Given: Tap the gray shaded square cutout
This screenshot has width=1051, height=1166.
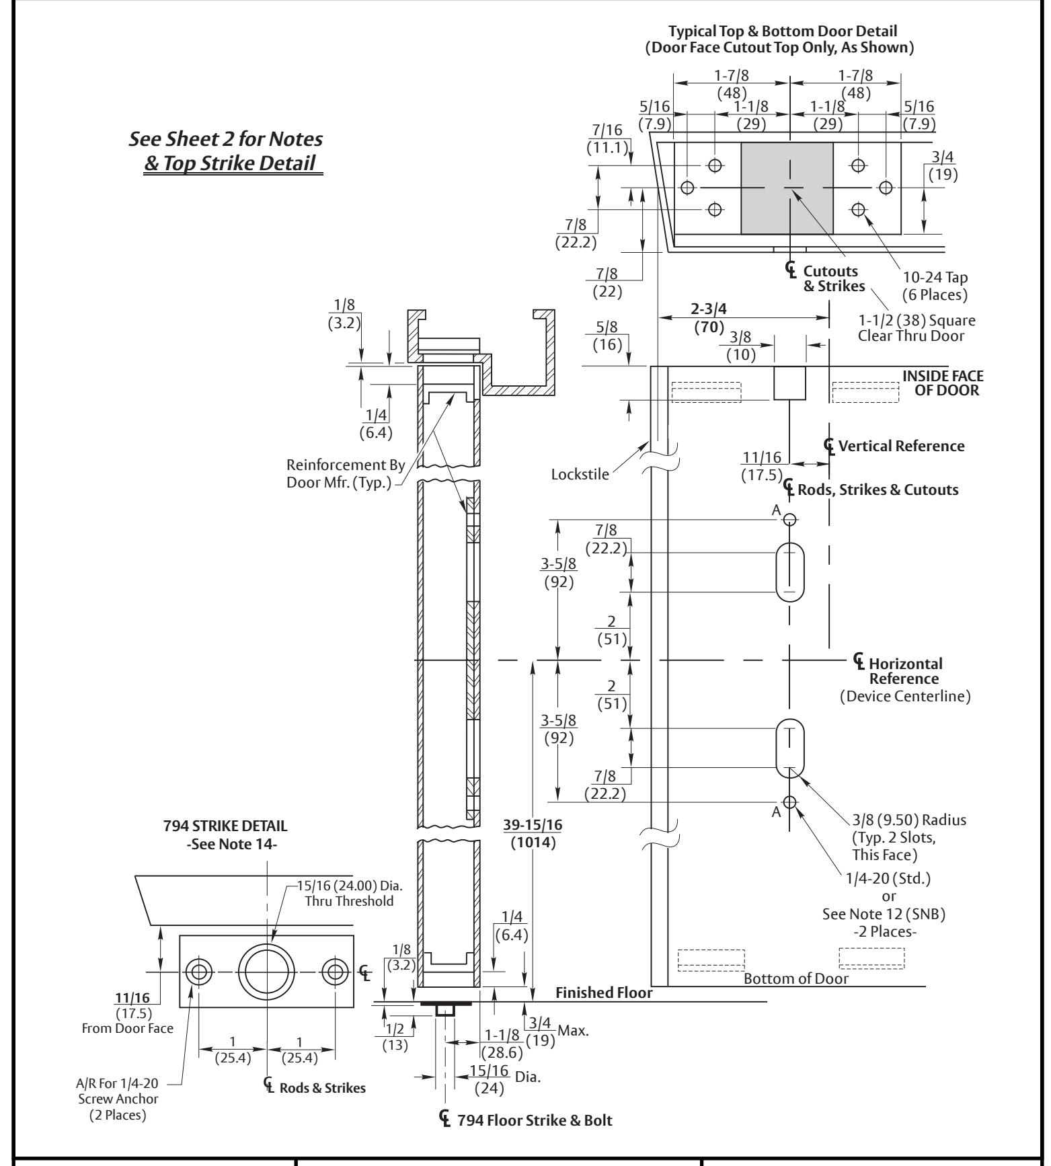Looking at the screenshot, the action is [x=787, y=188].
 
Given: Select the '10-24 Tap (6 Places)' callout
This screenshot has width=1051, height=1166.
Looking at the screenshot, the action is [x=927, y=286].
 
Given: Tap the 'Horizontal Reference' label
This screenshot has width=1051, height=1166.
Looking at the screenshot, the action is [x=898, y=671].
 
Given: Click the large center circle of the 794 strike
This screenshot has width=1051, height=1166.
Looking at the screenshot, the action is [x=267, y=972].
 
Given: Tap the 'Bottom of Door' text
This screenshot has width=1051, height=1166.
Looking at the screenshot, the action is [x=796, y=978].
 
